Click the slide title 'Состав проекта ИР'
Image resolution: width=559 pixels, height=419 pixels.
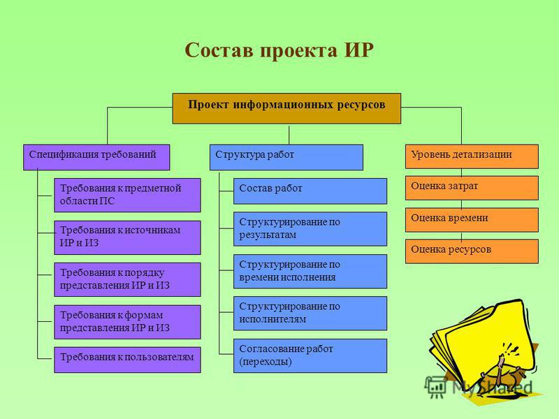coord(279,50)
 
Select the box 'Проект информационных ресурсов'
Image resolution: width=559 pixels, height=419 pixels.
coord(286,108)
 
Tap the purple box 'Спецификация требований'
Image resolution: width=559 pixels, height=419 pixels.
coord(96,157)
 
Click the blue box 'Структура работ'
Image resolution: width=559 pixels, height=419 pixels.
coord(286,157)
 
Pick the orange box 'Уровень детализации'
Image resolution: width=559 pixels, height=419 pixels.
coord(472,156)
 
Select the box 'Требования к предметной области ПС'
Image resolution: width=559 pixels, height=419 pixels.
coord(127,196)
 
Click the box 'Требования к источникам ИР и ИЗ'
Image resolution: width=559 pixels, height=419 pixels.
coord(127,237)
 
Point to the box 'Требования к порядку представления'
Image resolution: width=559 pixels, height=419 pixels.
coord(127,280)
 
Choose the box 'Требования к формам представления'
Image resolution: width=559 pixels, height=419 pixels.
coord(127,322)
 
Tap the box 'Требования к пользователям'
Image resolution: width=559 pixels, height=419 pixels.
coord(127,360)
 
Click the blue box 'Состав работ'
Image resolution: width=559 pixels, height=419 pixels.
coord(310,191)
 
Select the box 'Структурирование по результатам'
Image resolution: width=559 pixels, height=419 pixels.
coord(310,229)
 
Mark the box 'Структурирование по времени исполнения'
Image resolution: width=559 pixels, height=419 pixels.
coord(310,271)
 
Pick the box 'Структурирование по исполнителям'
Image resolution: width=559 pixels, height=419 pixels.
coord(310,314)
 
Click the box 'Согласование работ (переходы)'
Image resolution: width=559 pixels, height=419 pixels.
coord(310,356)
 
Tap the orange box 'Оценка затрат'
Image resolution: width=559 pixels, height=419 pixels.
coord(472,188)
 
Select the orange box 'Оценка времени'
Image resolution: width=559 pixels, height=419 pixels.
coord(472,220)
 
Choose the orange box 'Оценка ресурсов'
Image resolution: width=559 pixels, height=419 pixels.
coord(472,251)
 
